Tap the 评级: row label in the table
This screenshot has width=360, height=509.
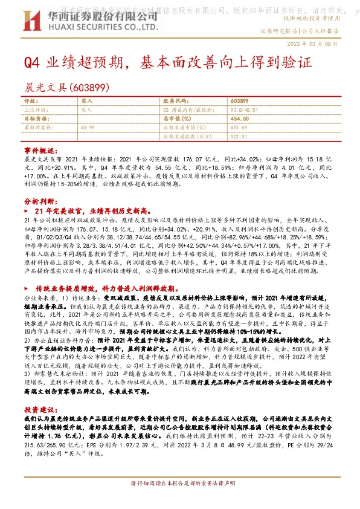[30, 101]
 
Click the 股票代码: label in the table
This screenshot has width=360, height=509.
[175, 101]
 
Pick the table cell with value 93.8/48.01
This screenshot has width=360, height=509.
[243, 110]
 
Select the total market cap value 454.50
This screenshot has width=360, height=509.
[240, 119]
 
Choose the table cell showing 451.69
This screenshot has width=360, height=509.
[239, 128]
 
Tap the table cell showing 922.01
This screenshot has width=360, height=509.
[239, 137]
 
